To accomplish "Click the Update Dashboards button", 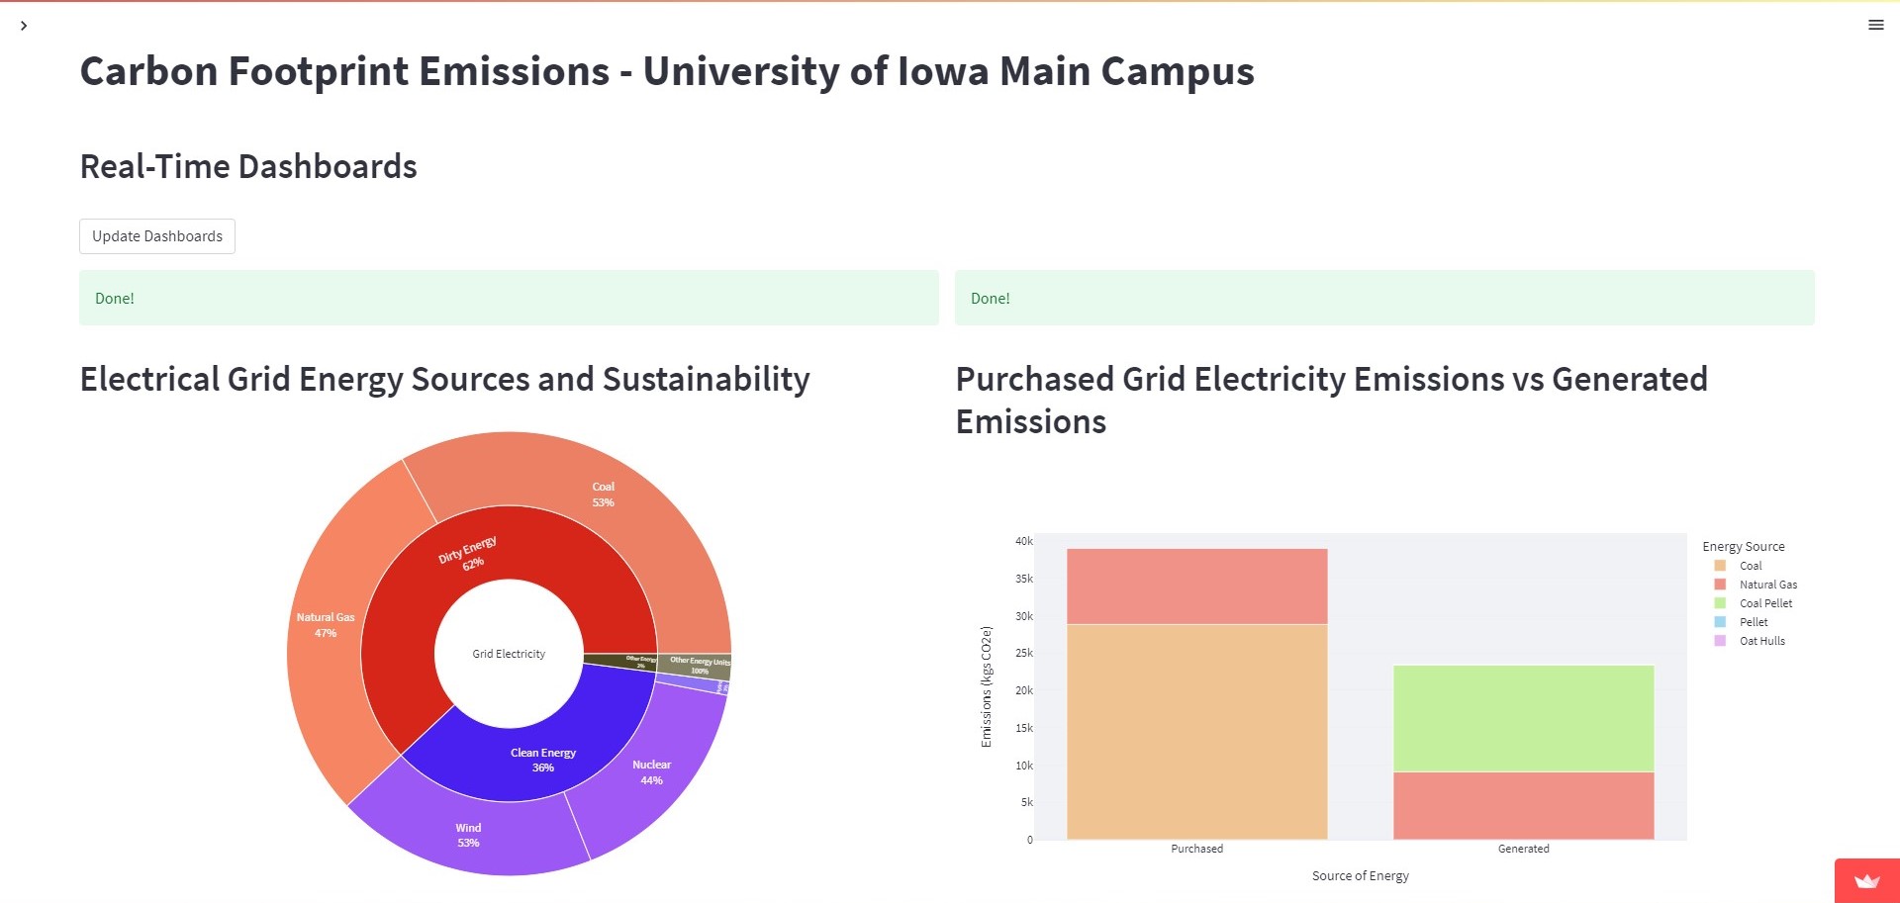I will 157,236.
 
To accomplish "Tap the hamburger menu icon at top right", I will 1875,25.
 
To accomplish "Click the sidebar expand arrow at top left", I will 24,26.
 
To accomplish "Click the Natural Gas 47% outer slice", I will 326,625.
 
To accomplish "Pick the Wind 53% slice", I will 468,835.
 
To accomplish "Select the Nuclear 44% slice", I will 651,771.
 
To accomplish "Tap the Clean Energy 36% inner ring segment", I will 542,760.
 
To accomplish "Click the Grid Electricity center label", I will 509,654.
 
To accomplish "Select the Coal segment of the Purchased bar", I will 1196,732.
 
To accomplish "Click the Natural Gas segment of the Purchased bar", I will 1196,587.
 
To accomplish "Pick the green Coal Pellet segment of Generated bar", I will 1523,718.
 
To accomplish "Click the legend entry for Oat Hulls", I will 1761,641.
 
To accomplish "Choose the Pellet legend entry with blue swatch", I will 1753,622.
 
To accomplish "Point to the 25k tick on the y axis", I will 1023,653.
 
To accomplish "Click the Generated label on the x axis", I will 1523,849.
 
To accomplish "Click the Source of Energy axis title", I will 1360,875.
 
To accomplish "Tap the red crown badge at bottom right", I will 1866,881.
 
